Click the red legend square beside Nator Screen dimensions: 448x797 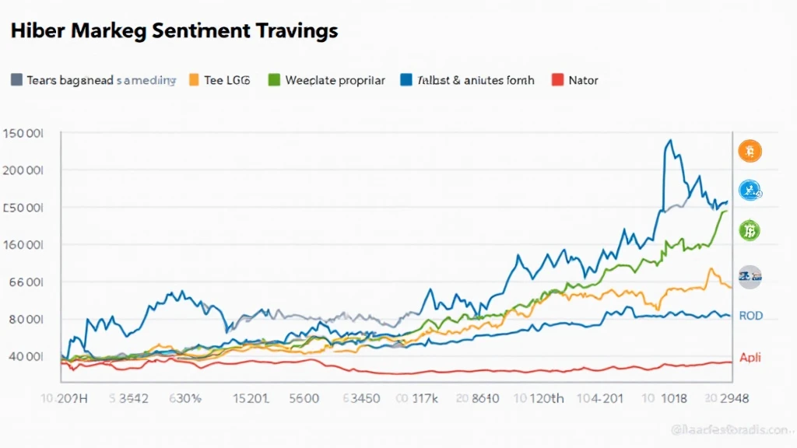tap(556, 80)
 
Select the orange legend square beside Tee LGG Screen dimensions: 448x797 tap(194, 80)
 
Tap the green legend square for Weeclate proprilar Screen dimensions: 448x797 tap(273, 80)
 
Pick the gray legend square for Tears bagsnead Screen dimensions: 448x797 tap(16, 80)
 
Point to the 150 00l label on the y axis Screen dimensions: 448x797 tap(24, 133)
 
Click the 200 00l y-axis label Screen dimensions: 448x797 tap(24, 170)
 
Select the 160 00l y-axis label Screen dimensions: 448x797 tap(24, 244)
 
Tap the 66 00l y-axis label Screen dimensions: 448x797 tap(24, 282)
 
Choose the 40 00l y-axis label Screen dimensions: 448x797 tap(24, 357)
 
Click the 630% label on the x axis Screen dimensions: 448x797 tap(186, 399)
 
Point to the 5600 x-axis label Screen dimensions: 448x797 tap(304, 399)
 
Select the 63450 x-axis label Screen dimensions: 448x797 tap(360, 399)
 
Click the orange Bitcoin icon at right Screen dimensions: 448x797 tap(750, 151)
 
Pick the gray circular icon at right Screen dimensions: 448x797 tap(750, 276)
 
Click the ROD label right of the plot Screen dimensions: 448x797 tap(750, 316)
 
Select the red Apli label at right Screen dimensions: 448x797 tap(750, 358)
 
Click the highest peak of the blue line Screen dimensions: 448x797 tap(669, 141)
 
